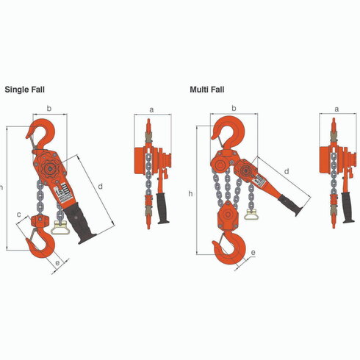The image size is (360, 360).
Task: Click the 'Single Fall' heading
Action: [25, 90]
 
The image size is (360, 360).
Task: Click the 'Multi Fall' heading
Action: [207, 90]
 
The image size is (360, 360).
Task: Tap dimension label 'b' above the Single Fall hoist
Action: [49, 108]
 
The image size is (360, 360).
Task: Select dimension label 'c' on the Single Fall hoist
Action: [19, 215]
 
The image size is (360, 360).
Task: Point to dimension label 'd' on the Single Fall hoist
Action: [100, 187]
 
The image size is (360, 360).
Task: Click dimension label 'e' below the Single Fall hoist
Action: [57, 263]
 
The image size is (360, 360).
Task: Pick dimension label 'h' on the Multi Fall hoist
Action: [190, 194]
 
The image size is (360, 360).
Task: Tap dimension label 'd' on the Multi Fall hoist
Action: [287, 171]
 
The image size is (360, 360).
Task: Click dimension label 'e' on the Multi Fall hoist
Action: [253, 253]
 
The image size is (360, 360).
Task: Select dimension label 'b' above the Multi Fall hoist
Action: [234, 108]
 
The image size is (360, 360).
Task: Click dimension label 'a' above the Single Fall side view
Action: [151, 110]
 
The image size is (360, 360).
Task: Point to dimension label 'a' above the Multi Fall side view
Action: [336, 109]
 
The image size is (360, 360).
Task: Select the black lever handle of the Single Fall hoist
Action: [79, 222]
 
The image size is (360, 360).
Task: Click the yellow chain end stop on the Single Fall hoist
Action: [60, 228]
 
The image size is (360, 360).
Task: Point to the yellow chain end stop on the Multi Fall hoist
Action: [251, 215]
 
